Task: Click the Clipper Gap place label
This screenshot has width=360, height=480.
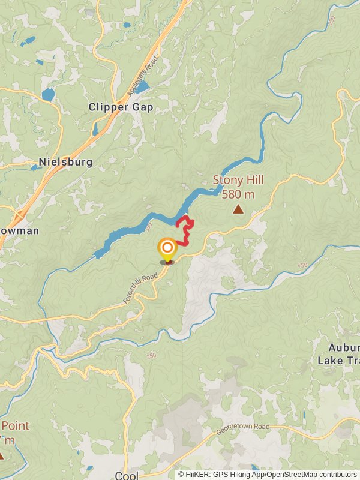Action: (x=121, y=107)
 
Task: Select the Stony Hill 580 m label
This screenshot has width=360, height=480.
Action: (x=238, y=187)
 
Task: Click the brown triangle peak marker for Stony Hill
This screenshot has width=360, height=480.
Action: (x=238, y=209)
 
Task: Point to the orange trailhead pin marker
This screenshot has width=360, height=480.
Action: (x=167, y=249)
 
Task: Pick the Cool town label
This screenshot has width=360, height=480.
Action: (x=126, y=475)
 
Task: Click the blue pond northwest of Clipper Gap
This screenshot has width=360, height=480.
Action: (x=48, y=94)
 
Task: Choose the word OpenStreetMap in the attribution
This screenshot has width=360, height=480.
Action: (x=290, y=474)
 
